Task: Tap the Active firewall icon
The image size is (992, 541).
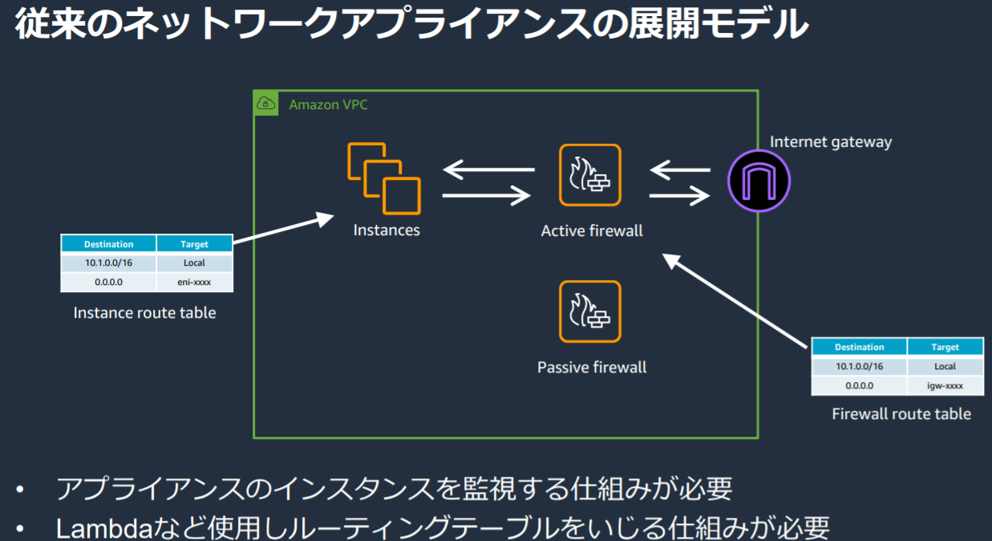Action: tap(590, 175)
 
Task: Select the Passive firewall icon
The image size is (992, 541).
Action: tap(590, 311)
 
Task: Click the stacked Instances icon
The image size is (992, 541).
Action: tap(383, 179)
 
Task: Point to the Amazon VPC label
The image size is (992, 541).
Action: tap(328, 105)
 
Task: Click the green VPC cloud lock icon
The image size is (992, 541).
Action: tap(265, 104)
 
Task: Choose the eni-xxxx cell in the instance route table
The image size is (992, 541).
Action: tap(194, 282)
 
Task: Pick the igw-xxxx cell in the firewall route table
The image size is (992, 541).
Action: tap(945, 385)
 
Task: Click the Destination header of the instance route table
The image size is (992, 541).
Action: tap(108, 244)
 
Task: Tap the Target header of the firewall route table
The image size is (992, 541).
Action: tap(945, 347)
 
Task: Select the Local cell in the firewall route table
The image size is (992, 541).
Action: tap(945, 366)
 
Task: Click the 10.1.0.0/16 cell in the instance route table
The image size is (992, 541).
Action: tap(108, 262)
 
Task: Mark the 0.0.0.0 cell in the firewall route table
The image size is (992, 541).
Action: tap(859, 385)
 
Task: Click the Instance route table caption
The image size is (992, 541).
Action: tap(144, 313)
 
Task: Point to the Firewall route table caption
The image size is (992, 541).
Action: tap(901, 414)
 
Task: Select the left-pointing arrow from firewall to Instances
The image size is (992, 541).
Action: tap(488, 169)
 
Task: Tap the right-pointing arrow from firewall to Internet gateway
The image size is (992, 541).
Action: tap(679, 195)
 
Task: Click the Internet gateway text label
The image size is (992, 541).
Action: tap(830, 142)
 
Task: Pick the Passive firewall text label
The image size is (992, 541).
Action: tap(591, 368)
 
